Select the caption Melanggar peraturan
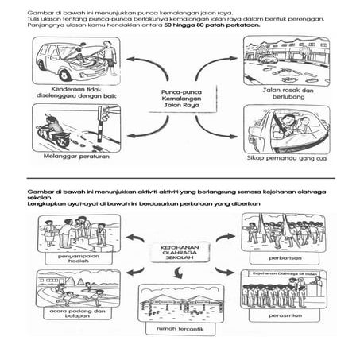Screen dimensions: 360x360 tap(64, 158)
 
